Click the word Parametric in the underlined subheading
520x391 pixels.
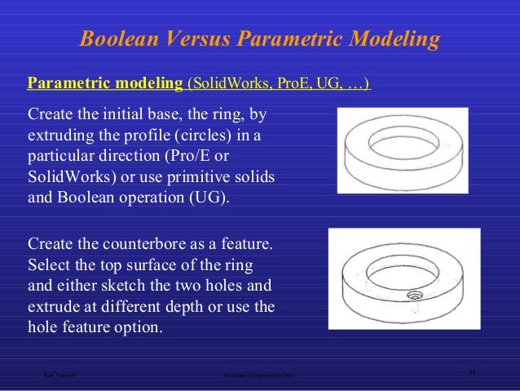(x=66, y=83)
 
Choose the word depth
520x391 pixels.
(x=196, y=308)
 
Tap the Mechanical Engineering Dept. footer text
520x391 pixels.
(x=259, y=376)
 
